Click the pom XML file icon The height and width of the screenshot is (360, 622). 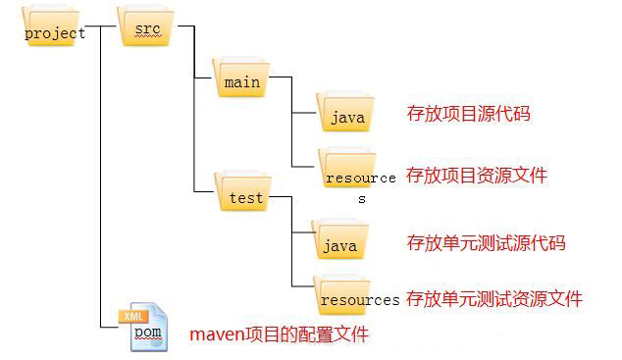click(144, 329)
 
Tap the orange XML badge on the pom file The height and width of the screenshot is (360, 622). click(134, 316)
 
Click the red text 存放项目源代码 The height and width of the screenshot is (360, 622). click(468, 114)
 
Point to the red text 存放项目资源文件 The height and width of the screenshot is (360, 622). click(476, 176)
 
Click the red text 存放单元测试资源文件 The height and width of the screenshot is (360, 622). click(494, 298)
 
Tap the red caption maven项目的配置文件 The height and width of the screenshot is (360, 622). click(279, 334)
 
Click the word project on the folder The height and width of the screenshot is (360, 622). click(55, 33)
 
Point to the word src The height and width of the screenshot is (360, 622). click(146, 30)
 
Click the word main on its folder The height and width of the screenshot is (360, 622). click(242, 82)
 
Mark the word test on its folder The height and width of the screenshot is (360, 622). click(246, 197)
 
